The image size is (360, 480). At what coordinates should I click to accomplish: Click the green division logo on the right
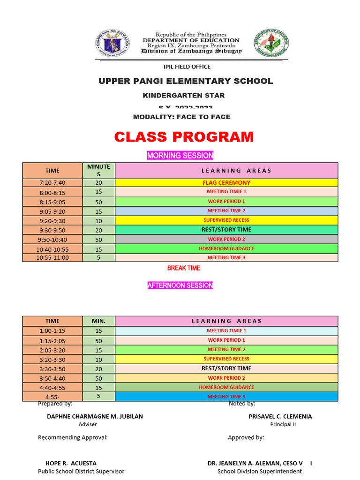coord(271,45)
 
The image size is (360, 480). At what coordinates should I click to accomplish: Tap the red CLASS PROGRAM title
coord(184,137)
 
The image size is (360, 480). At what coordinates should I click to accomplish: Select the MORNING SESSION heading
coord(180,156)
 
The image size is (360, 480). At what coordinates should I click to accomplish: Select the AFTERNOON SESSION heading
coord(180,285)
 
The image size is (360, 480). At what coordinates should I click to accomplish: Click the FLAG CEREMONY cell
coord(226,183)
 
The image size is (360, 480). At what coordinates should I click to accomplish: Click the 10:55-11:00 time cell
coord(52,257)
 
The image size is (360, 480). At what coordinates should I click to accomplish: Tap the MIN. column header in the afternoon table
coord(98,321)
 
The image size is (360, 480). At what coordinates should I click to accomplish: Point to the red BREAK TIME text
coord(184,268)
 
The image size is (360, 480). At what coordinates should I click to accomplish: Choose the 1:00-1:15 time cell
coord(52,331)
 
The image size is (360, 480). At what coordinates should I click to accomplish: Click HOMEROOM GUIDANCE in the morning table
coord(226,248)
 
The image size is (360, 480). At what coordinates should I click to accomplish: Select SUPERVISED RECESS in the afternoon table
coord(226,359)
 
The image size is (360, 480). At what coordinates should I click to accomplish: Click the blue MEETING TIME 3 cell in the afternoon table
coord(226,397)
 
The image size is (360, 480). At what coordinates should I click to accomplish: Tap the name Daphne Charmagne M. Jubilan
coord(95,416)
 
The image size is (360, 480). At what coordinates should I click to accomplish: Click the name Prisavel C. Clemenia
coord(280,416)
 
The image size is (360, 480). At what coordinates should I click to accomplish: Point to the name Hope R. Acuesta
coord(71,463)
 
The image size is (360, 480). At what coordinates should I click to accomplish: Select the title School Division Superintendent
coord(260,471)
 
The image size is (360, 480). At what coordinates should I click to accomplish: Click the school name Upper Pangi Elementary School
coord(185,81)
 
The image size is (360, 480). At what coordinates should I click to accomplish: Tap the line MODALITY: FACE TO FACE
coord(182,117)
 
